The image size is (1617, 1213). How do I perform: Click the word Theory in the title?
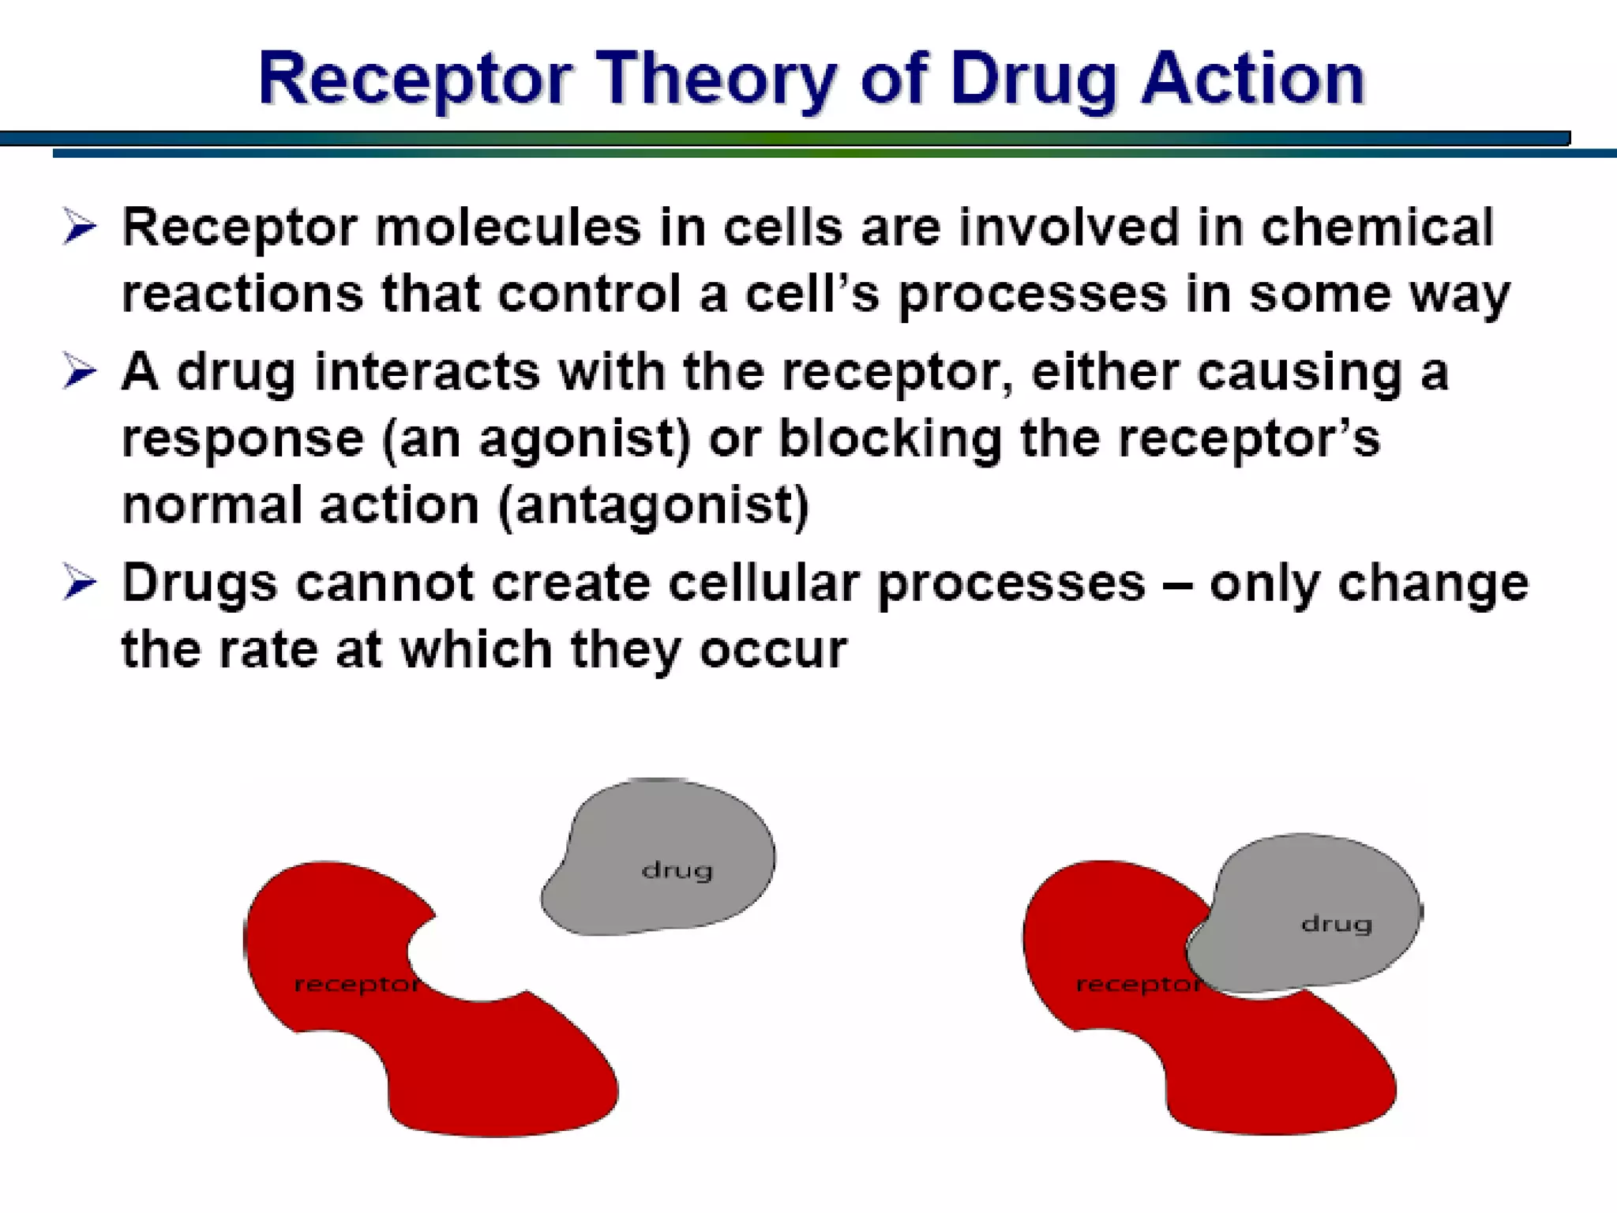pyautogui.click(x=715, y=79)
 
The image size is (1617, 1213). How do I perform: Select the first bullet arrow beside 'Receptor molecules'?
pyautogui.click(x=79, y=227)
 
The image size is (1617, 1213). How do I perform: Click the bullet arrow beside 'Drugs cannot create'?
pyautogui.click(x=79, y=584)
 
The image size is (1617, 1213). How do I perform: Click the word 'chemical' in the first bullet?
pyautogui.click(x=1377, y=227)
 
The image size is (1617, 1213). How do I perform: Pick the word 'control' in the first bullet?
pyautogui.click(x=589, y=294)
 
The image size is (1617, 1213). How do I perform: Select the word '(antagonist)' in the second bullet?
pyautogui.click(x=654, y=505)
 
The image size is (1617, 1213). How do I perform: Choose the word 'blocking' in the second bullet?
pyautogui.click(x=891, y=439)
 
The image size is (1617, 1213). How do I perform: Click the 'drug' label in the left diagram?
pyautogui.click(x=677, y=870)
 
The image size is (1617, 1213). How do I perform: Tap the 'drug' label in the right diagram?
pyautogui.click(x=1336, y=924)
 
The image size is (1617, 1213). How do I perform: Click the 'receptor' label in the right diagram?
pyautogui.click(x=1137, y=985)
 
